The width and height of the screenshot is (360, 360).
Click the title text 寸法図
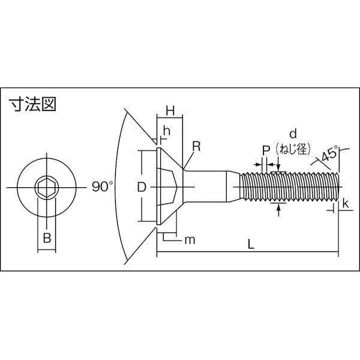tap(32, 104)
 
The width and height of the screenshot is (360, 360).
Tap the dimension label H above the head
tap(170, 110)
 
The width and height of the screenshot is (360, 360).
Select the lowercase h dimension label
tap(167, 131)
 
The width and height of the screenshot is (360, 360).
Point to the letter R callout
tap(196, 146)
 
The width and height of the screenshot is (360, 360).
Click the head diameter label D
tap(142, 187)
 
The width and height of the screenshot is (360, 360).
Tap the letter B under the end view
tap(47, 238)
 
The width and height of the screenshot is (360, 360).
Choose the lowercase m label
tap(190, 240)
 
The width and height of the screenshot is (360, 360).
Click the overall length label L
tap(251, 244)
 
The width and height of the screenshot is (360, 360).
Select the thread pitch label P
tap(266, 151)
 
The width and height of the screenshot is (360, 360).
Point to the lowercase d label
tap(293, 134)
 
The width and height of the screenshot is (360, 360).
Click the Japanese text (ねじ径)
tap(293, 149)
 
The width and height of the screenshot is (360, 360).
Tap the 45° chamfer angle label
tap(329, 155)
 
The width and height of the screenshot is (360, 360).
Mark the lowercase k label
tap(346, 203)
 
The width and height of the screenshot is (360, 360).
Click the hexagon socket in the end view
tap(47, 188)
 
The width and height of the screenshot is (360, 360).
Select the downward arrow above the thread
tap(278, 164)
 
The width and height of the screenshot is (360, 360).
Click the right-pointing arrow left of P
tap(257, 164)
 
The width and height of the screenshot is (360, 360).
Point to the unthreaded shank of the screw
tap(205, 187)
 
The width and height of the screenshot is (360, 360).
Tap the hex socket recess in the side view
tap(167, 187)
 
